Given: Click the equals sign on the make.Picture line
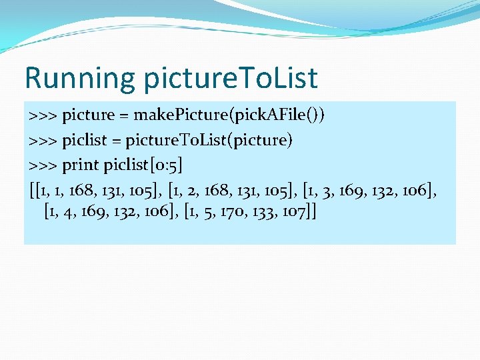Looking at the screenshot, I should [124, 115].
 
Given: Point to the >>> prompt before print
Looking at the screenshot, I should [43, 165].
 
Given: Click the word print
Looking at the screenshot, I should [81, 165].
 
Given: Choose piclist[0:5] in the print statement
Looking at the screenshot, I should [143, 165].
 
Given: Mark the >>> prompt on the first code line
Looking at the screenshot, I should [43, 115].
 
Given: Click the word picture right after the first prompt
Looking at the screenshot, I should [89, 115].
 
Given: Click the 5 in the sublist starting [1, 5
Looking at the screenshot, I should [205, 213].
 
